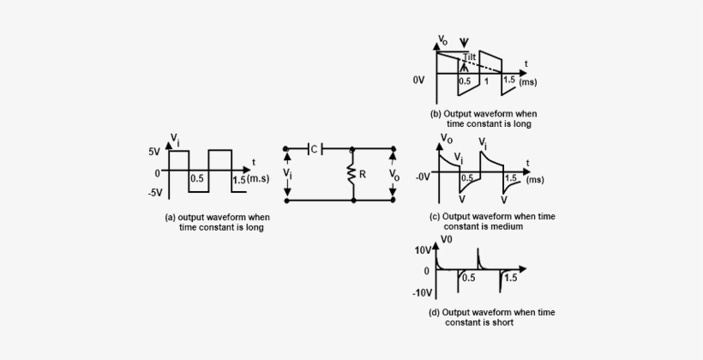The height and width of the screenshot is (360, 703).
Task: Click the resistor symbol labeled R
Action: pos(352,174)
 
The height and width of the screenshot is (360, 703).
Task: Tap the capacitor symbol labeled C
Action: pos(310,148)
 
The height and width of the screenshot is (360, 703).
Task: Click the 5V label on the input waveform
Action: pos(153,152)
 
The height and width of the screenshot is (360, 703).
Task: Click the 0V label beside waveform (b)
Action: pos(418,80)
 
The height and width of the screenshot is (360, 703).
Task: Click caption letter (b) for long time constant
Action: pos(436,113)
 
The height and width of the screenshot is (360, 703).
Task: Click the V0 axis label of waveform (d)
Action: pos(447,239)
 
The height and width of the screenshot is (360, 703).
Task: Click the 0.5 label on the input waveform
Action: pos(196,179)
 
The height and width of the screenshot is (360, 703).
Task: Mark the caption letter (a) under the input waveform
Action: pos(170,218)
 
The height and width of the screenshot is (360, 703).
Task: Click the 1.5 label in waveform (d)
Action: pos(509,279)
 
